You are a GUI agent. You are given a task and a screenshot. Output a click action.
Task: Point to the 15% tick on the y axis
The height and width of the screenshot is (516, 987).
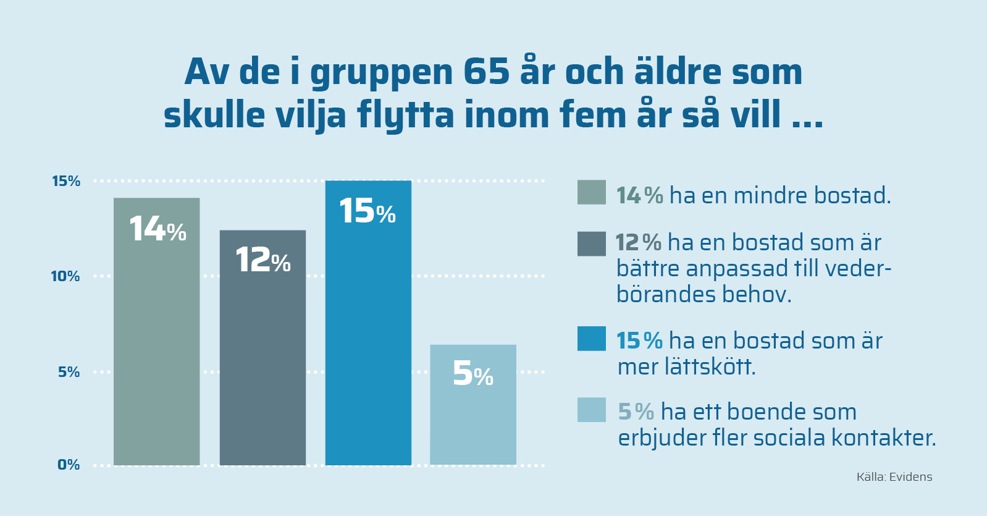click(66, 181)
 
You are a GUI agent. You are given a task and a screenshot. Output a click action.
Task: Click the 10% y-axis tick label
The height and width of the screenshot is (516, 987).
click(65, 276)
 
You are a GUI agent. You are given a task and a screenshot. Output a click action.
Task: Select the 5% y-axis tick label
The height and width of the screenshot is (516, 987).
click(69, 372)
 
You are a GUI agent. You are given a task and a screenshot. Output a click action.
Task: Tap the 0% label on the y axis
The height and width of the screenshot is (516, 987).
click(69, 465)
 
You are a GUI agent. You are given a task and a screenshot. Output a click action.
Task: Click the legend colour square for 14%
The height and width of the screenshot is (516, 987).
click(591, 192)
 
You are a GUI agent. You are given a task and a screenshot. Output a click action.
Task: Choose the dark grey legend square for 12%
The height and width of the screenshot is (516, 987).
click(591, 243)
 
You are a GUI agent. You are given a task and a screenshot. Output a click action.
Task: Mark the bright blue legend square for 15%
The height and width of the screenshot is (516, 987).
click(591, 339)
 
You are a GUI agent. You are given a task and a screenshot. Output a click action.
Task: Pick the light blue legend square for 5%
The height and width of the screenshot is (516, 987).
click(591, 410)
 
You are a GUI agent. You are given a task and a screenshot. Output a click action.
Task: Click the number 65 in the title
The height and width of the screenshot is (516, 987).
click(486, 72)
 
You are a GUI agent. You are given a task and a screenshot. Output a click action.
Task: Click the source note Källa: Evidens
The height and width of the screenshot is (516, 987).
click(894, 477)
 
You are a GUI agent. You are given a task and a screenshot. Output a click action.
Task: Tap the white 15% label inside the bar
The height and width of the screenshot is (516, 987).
click(367, 211)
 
